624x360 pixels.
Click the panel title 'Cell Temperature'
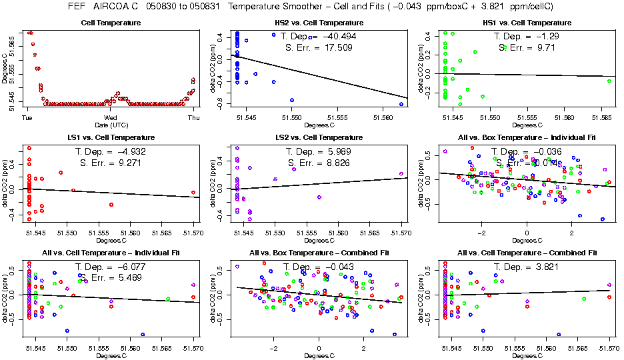[x=110, y=23]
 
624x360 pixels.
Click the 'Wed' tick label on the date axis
[x=111, y=117]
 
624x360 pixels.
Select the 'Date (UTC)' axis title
[x=110, y=125]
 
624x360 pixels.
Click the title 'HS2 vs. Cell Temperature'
[x=319, y=23]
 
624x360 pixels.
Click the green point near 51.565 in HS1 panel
[x=609, y=81]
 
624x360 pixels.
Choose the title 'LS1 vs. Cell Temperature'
[x=110, y=138]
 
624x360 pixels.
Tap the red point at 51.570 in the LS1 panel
[x=193, y=192]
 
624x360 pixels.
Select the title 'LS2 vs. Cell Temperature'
[x=319, y=138]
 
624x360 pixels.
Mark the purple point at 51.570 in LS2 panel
[x=401, y=174]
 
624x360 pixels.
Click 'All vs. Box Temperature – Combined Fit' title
[x=319, y=253]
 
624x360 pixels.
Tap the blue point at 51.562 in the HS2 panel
[x=401, y=104]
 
